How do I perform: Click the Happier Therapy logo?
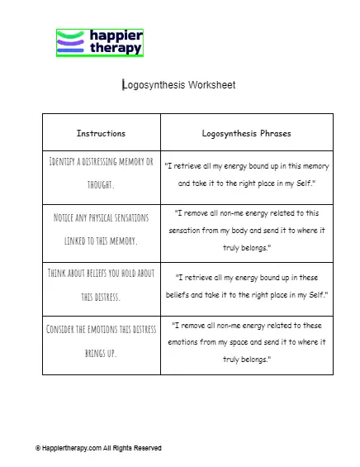tap(100, 43)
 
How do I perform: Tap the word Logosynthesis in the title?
tap(154, 84)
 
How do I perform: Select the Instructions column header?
tap(101, 132)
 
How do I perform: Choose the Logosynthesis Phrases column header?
tap(246, 132)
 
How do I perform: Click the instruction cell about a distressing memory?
tap(101, 172)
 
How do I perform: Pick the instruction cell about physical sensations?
tap(101, 229)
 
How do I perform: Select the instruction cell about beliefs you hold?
tap(101, 285)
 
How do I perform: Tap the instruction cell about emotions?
tap(101, 340)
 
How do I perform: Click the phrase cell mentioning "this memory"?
tap(246, 174)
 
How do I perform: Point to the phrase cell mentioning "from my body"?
tap(246, 229)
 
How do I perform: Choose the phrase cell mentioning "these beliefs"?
tap(246, 285)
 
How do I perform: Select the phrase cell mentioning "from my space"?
tap(246, 340)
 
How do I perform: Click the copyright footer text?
tap(98, 448)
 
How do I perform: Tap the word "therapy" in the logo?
tap(115, 49)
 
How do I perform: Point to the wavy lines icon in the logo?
tap(70, 43)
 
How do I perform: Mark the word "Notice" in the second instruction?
tap(64, 217)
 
